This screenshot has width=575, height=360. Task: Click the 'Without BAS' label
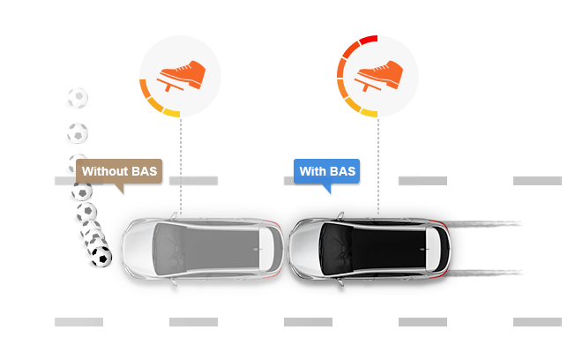[119, 171]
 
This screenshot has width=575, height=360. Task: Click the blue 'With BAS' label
[326, 171]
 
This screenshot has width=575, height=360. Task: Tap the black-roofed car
[370, 250]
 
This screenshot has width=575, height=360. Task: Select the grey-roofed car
[203, 250]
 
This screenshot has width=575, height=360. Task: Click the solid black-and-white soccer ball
[101, 257]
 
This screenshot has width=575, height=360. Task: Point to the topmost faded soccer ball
[78, 98]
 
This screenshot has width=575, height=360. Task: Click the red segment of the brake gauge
[369, 39]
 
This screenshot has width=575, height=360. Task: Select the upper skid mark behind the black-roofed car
[484, 223]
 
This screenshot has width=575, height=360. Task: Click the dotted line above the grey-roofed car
[181, 165]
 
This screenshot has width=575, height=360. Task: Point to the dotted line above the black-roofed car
[378, 165]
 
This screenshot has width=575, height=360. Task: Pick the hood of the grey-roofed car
[138, 250]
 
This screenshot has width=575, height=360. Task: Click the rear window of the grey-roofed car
[265, 250]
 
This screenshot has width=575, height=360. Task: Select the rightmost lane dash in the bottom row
[537, 322]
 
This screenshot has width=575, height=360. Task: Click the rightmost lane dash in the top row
[537, 181]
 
